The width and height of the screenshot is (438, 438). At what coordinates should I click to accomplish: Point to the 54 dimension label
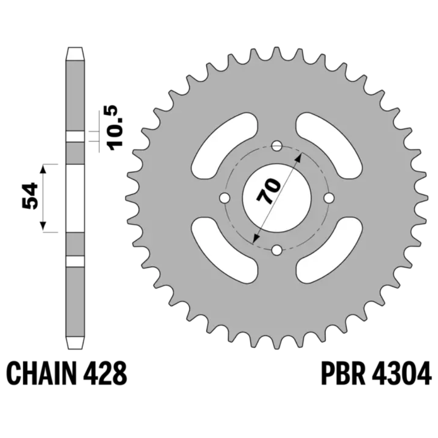[30, 196]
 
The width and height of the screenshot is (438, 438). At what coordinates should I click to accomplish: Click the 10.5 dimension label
[115, 128]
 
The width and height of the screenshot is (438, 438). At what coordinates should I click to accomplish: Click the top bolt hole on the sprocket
[277, 146]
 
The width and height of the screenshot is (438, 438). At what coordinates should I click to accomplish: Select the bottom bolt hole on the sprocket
[277, 250]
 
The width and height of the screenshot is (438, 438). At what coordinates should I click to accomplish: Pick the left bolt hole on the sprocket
[224, 198]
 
